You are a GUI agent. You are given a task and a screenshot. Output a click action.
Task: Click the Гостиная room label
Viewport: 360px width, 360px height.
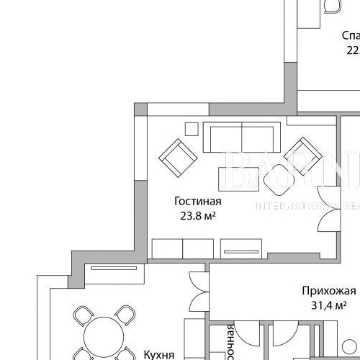point(197,202)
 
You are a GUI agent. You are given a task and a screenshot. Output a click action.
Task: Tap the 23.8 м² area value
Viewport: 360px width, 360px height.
point(198,215)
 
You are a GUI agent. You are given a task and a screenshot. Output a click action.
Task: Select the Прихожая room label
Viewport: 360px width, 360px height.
point(328,292)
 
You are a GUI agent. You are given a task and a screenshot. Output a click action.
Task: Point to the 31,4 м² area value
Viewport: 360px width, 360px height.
point(329,306)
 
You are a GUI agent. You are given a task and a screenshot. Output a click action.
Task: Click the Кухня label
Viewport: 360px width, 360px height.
point(159,354)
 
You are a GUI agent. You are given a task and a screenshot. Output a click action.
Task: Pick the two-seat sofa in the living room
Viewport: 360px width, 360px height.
point(241,137)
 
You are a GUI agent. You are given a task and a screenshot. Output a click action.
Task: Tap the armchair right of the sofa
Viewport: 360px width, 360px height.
point(302,155)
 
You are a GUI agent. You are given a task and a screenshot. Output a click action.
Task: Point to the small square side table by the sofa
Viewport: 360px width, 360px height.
point(191,129)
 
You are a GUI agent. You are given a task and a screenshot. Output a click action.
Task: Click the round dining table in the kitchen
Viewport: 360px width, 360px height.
point(105,339)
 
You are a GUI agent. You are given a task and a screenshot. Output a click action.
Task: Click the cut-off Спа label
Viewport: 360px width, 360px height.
point(350,35)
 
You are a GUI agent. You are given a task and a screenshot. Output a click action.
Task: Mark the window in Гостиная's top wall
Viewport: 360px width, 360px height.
point(177,109)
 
